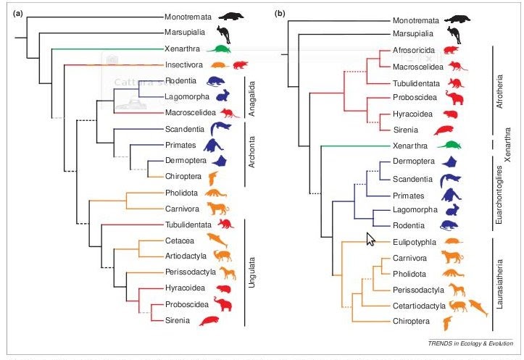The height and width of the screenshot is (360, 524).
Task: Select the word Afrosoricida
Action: (415, 50)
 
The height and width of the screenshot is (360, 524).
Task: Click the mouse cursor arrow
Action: (371, 238)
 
